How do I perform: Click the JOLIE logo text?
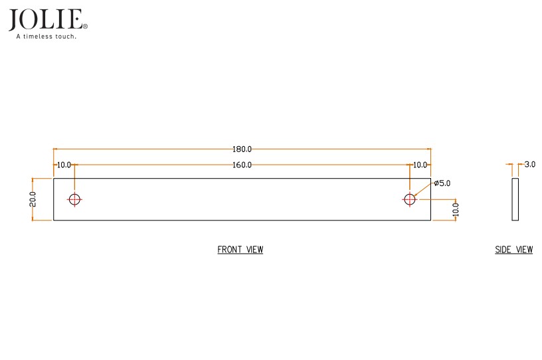pyautogui.click(x=45, y=20)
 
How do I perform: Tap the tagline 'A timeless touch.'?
pyautogui.click(x=46, y=37)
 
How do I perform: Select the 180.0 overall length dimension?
pyautogui.click(x=242, y=149)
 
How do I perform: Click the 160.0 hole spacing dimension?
pyautogui.click(x=242, y=165)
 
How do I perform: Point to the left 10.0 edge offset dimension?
pyautogui.click(x=64, y=165)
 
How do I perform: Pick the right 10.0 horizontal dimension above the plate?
pyautogui.click(x=420, y=165)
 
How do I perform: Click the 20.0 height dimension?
pyautogui.click(x=33, y=199)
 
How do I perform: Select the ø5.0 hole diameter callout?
pyautogui.click(x=442, y=183)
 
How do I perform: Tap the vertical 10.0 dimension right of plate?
pyautogui.click(x=456, y=209)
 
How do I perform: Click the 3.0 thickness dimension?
pyautogui.click(x=530, y=164)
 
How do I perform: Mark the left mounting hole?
pyautogui.click(x=74, y=199)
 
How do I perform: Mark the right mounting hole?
pyautogui.click(x=410, y=199)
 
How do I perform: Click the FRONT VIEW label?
pyautogui.click(x=240, y=250)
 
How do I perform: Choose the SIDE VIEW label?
pyautogui.click(x=513, y=250)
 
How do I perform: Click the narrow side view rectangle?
pyautogui.click(x=515, y=199)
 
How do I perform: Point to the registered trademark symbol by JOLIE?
pyautogui.click(x=85, y=27)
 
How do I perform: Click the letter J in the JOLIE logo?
pyautogui.click(x=13, y=21)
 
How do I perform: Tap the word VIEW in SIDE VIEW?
pyautogui.click(x=523, y=250)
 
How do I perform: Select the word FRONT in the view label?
pyautogui.click(x=229, y=250)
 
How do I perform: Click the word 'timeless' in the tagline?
pyautogui.click(x=41, y=37)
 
